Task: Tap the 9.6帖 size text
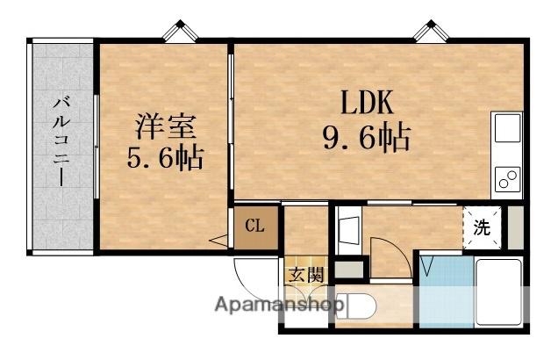tap(368, 138)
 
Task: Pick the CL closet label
tap(254, 227)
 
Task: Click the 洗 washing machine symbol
tap(483, 226)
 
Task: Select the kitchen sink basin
tap(509, 129)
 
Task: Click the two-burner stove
tap(508, 178)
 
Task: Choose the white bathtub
tap(499, 293)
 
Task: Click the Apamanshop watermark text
tap(280, 306)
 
